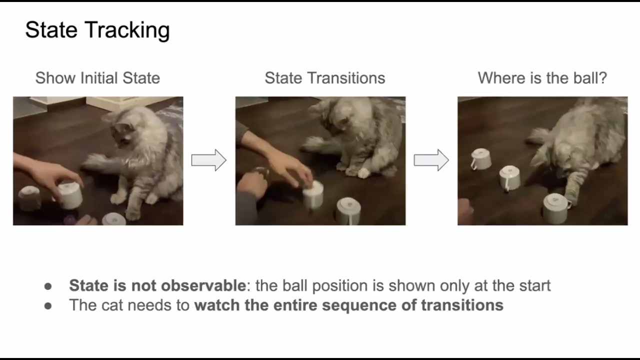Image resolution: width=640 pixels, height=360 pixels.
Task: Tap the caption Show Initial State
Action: pyautogui.click(x=97, y=78)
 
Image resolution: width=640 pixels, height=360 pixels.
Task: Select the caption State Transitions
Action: pyautogui.click(x=324, y=78)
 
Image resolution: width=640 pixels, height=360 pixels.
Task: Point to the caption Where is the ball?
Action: pyautogui.click(x=542, y=78)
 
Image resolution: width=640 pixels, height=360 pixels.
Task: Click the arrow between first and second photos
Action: pyautogui.click(x=208, y=160)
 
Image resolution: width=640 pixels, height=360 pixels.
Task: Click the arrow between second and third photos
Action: pyautogui.click(x=431, y=160)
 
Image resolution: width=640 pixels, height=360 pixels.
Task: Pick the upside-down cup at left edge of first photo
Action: pyautogui.click(x=29, y=198)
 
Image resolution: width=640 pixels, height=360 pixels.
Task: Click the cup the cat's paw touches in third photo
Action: pyautogui.click(x=555, y=208)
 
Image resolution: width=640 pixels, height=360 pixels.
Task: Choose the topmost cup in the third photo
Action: pyautogui.click(x=480, y=159)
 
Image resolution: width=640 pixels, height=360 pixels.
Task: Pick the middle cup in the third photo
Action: pyautogui.click(x=509, y=177)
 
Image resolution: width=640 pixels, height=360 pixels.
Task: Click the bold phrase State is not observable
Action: pyautogui.click(x=157, y=285)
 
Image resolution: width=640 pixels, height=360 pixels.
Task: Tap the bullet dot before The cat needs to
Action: pyautogui.click(x=48, y=305)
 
